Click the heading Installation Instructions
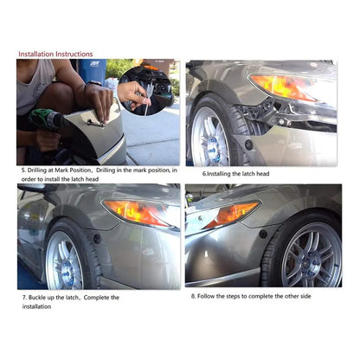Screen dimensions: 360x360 pos(55,55)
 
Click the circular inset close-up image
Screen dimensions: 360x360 pos(145,91)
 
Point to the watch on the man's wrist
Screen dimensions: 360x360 pos(93,84)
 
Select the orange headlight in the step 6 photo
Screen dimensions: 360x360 pos(284,87)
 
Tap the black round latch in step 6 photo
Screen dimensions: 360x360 pos(249,145)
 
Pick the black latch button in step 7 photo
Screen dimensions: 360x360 pos(97,239)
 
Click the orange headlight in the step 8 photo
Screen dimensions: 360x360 pos(232,214)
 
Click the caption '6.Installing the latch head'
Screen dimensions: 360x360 pos(235,174)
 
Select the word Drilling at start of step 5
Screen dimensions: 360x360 pos(36,170)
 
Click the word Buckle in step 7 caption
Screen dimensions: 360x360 pos(37,298)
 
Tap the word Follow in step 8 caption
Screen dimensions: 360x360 pos(206,296)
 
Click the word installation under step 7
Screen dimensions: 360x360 pos(36,306)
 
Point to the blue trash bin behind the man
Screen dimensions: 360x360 pos(93,72)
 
